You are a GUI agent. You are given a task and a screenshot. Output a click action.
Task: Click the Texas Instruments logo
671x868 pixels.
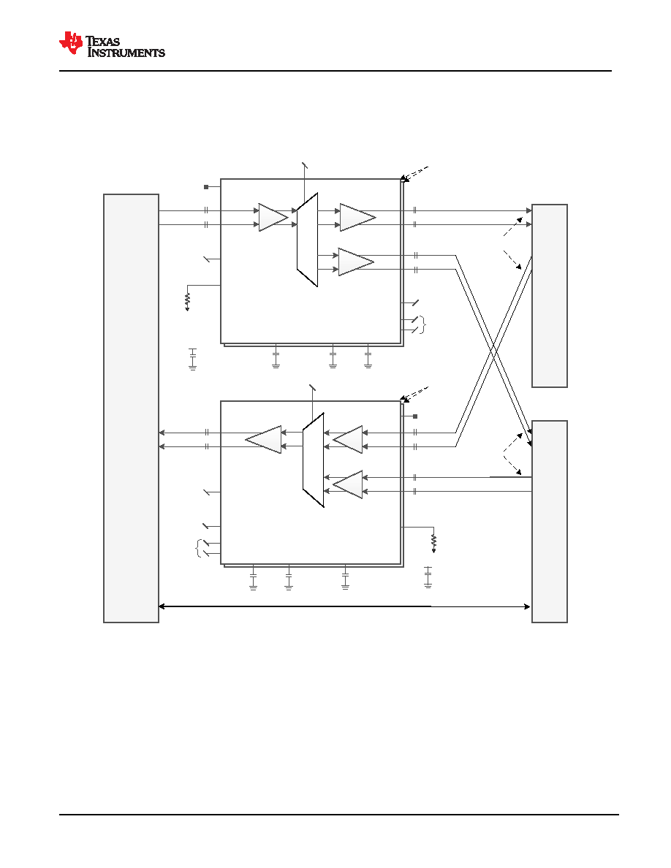tap(112, 45)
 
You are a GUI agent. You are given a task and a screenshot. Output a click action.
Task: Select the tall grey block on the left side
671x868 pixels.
tap(132, 408)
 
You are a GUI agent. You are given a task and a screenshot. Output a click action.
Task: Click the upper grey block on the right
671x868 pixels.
tap(549, 296)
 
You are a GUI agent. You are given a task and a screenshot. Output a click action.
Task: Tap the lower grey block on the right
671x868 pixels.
tap(549, 522)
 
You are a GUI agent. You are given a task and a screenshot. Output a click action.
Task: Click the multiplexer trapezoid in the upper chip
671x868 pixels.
tap(307, 240)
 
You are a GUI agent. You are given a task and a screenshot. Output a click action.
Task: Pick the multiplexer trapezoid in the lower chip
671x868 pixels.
tap(314, 460)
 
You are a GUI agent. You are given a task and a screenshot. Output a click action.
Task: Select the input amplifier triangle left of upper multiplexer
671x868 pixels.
tap(273, 218)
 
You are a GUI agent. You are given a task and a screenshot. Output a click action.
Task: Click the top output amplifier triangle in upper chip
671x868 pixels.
tap(357, 218)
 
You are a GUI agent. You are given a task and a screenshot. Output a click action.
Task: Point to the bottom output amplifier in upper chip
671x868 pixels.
tap(356, 262)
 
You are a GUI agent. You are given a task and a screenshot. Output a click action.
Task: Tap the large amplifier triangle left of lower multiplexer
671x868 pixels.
tap(264, 440)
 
